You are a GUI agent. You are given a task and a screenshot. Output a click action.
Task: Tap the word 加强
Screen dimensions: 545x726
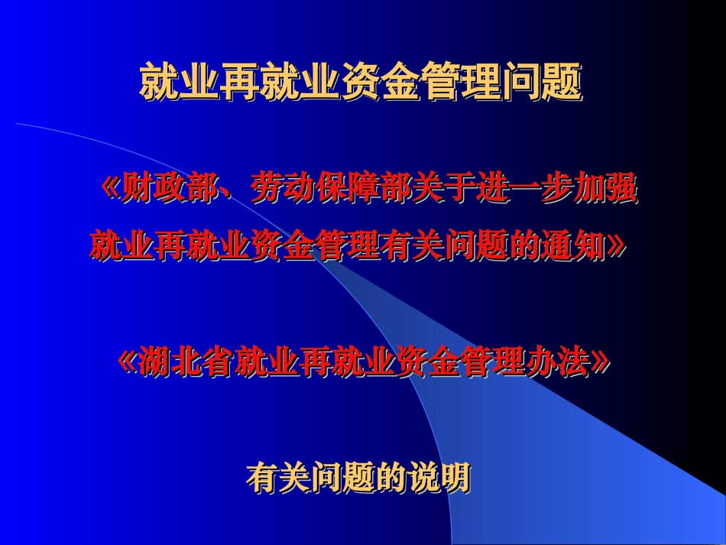604,189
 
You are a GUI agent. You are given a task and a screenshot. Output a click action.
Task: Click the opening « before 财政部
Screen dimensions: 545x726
111,189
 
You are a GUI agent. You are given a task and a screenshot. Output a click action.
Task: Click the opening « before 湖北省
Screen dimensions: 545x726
128,362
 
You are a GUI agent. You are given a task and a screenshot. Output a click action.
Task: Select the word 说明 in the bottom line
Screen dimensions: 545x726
442,478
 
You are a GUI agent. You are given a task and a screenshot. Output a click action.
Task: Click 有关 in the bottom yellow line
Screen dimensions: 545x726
274,478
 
